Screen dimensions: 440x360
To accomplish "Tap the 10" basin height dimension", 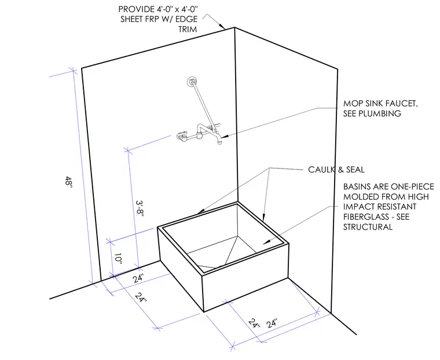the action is coord(119,259).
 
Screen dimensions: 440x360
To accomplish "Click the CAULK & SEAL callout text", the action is coord(336,170).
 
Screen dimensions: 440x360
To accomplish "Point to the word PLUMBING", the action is coord(372,113).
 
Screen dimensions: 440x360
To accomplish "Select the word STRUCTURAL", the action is coord(368,227).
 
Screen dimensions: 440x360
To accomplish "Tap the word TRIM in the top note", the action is coord(188,29).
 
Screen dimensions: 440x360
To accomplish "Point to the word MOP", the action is coord(352,104).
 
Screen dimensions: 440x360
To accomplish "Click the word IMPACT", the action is coord(358,207).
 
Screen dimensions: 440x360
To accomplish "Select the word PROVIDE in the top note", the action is coord(135,9).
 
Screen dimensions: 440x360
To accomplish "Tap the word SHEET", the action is coord(132,19).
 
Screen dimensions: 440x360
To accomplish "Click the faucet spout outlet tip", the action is coord(220,144).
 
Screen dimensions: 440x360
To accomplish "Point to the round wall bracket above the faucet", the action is coord(192,82).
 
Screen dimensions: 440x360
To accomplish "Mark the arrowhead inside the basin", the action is coord(266,241).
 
